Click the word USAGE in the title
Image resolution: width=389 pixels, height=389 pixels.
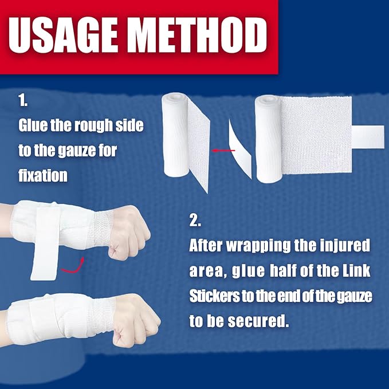63,35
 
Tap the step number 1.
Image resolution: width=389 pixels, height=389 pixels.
23,100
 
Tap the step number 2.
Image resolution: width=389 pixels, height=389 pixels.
195,220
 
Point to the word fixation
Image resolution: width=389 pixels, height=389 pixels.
43,175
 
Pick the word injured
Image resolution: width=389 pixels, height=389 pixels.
344,245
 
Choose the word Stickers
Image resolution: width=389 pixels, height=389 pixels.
215,296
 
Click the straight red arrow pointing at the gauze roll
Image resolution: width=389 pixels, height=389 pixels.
223,150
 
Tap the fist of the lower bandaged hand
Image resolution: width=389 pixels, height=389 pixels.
136,320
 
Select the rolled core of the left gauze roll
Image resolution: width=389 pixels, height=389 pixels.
175,135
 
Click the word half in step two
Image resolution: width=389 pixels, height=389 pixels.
284,270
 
